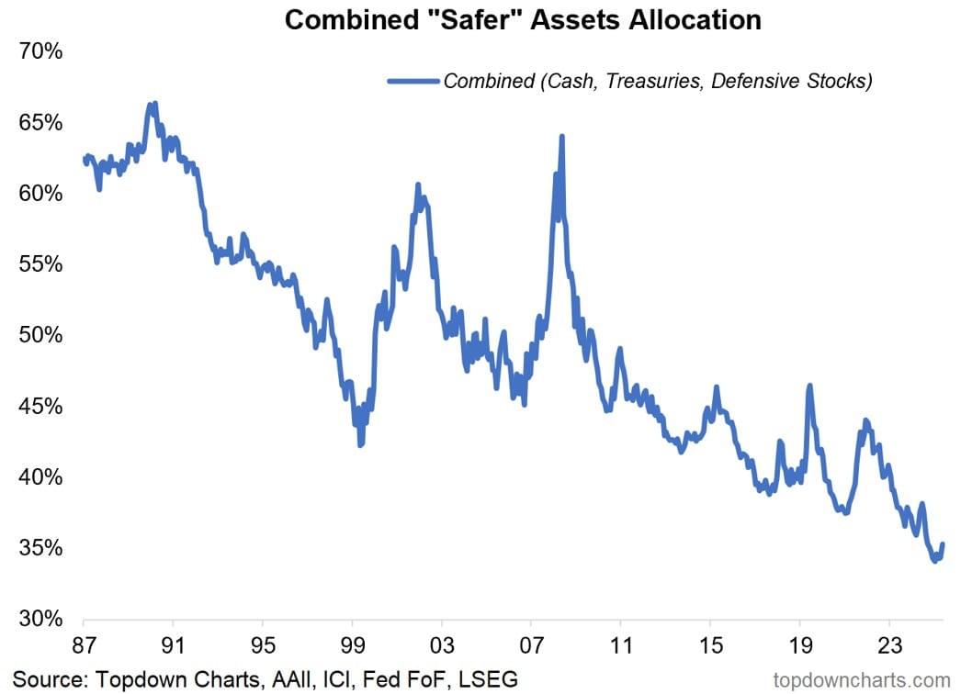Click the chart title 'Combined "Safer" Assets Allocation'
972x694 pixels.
coord(523,19)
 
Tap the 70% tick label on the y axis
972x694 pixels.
coord(40,51)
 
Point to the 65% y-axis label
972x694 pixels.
coord(40,123)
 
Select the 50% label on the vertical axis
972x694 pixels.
coord(40,335)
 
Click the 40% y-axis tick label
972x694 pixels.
coord(40,477)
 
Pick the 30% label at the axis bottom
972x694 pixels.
coord(40,619)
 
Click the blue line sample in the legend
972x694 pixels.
coord(413,81)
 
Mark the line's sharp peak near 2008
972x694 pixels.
coord(561,137)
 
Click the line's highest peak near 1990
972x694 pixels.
coord(154,104)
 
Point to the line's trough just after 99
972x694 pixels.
coord(361,445)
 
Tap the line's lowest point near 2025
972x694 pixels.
coord(934,560)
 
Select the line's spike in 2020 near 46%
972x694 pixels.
coord(809,386)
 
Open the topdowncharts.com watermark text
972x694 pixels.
coord(862,679)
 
